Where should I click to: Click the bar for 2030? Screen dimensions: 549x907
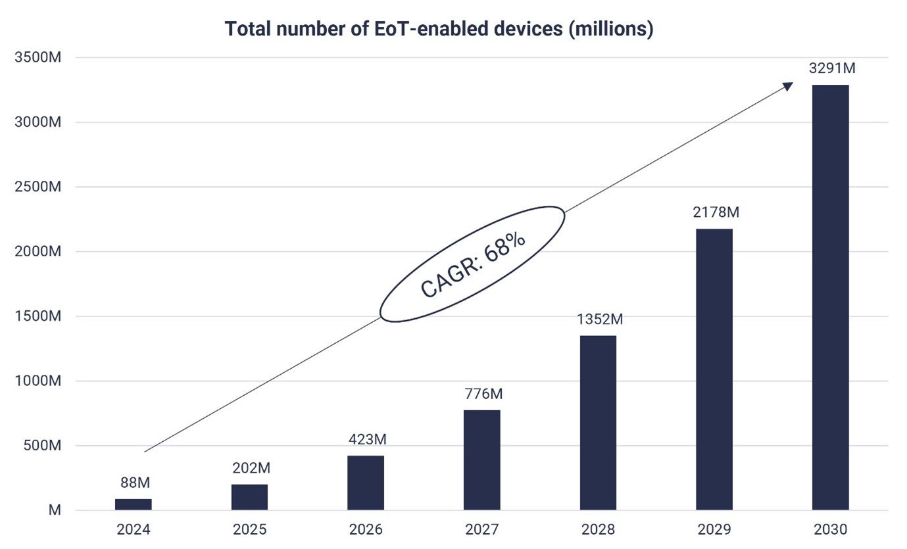point(830,297)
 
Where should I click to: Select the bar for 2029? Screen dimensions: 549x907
point(714,369)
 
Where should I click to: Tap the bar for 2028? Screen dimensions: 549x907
point(598,423)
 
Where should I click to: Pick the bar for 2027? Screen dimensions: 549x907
point(481,460)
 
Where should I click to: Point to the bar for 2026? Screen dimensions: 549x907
point(365,483)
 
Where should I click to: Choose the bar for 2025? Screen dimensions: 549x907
point(249,497)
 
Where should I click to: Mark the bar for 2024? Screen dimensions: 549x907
point(133,504)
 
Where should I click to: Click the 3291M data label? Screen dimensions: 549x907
point(830,68)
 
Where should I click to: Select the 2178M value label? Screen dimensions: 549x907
point(714,212)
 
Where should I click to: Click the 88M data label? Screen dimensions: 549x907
point(135,483)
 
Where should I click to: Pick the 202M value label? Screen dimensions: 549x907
point(251,468)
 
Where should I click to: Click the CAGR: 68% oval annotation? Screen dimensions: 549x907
point(472,264)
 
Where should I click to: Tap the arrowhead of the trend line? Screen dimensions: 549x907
point(788,87)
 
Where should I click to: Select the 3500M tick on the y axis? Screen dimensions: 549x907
point(37,58)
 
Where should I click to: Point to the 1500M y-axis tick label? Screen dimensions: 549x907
point(37,316)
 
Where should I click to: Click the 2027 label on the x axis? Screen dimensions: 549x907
point(481,530)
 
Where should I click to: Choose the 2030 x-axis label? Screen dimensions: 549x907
point(830,530)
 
